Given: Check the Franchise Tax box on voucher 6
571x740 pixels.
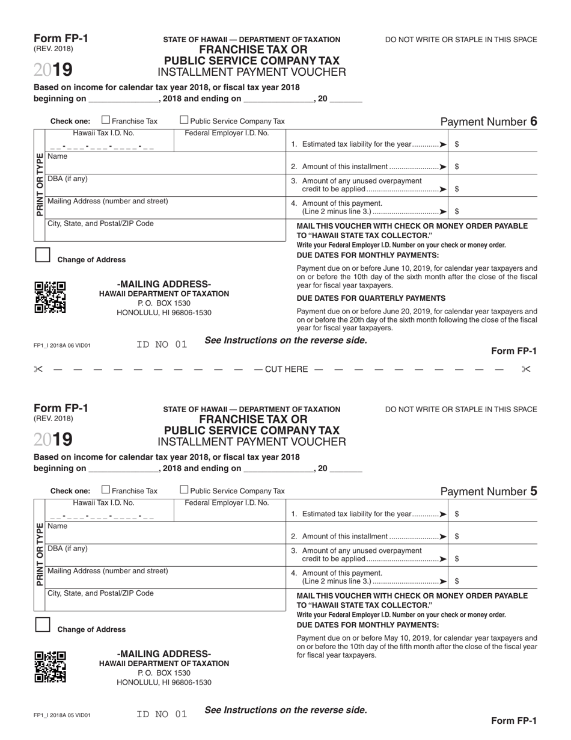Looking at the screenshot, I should [106, 120].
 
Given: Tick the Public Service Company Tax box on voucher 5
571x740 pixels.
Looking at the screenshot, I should [185, 490].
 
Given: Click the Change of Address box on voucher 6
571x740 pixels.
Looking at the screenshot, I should [42, 255].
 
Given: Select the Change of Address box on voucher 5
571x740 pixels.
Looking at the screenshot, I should [42, 624].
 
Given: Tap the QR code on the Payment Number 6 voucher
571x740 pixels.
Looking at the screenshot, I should [50, 297].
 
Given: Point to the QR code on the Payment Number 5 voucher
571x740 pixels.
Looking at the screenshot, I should [50, 667].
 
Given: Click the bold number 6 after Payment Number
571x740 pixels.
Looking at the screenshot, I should [533, 122].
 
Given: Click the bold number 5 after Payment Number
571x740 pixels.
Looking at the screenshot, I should [533, 491].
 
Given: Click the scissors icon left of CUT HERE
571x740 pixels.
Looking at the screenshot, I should [38, 369].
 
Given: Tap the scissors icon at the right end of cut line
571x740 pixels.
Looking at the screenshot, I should [527, 369].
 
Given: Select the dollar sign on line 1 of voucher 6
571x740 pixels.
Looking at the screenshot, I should [457, 144].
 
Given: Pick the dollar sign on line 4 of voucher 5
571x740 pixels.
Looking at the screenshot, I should [457, 581].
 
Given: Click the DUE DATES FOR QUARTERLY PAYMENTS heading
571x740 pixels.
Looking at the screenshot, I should [371, 298].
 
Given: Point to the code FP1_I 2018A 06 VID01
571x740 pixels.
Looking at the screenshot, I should [62, 346].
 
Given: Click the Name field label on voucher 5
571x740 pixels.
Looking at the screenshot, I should [58, 526].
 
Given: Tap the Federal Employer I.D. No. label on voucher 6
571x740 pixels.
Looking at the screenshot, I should [227, 133].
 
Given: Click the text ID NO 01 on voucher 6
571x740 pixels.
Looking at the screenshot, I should [162, 345].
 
